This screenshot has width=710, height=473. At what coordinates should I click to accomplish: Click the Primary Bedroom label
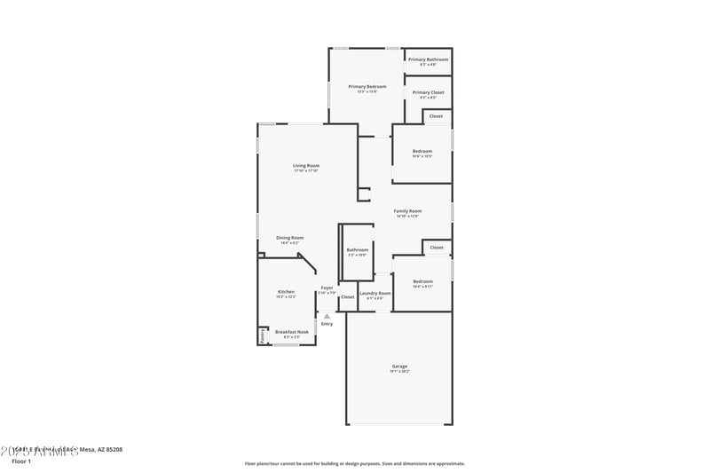pyautogui.click(x=367, y=86)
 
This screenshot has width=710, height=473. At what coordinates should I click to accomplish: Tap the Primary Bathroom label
pyautogui.click(x=428, y=59)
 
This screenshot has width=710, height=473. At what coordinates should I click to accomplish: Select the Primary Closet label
pyautogui.click(x=428, y=92)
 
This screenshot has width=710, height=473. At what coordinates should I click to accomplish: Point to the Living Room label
pyautogui.click(x=306, y=166)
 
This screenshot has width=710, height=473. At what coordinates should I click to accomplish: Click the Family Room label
pyautogui.click(x=407, y=211)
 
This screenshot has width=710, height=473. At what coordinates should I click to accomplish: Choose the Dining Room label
pyautogui.click(x=289, y=238)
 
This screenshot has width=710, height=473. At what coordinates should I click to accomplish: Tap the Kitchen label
pyautogui.click(x=286, y=292)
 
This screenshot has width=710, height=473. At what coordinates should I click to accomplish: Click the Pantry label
pyautogui.click(x=263, y=336)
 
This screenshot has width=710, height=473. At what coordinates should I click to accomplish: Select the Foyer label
pyautogui.click(x=327, y=288)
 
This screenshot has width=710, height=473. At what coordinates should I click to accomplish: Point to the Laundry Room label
pyautogui.click(x=375, y=293)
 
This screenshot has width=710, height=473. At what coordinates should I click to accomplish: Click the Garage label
pyautogui.click(x=399, y=367)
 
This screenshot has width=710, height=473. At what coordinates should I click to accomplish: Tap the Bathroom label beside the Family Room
pyautogui.click(x=358, y=250)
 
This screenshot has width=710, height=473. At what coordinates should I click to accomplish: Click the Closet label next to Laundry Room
pyautogui.click(x=347, y=296)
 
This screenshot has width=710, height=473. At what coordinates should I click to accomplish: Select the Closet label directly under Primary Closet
pyautogui.click(x=436, y=116)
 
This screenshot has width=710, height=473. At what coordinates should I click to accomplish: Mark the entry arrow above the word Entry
pyautogui.click(x=327, y=316)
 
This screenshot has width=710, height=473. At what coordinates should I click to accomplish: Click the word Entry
pyautogui.click(x=327, y=324)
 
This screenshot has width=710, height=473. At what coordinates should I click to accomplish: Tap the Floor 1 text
pyautogui.click(x=21, y=461)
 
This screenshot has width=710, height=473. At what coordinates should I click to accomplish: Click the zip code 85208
pyautogui.click(x=112, y=449)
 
